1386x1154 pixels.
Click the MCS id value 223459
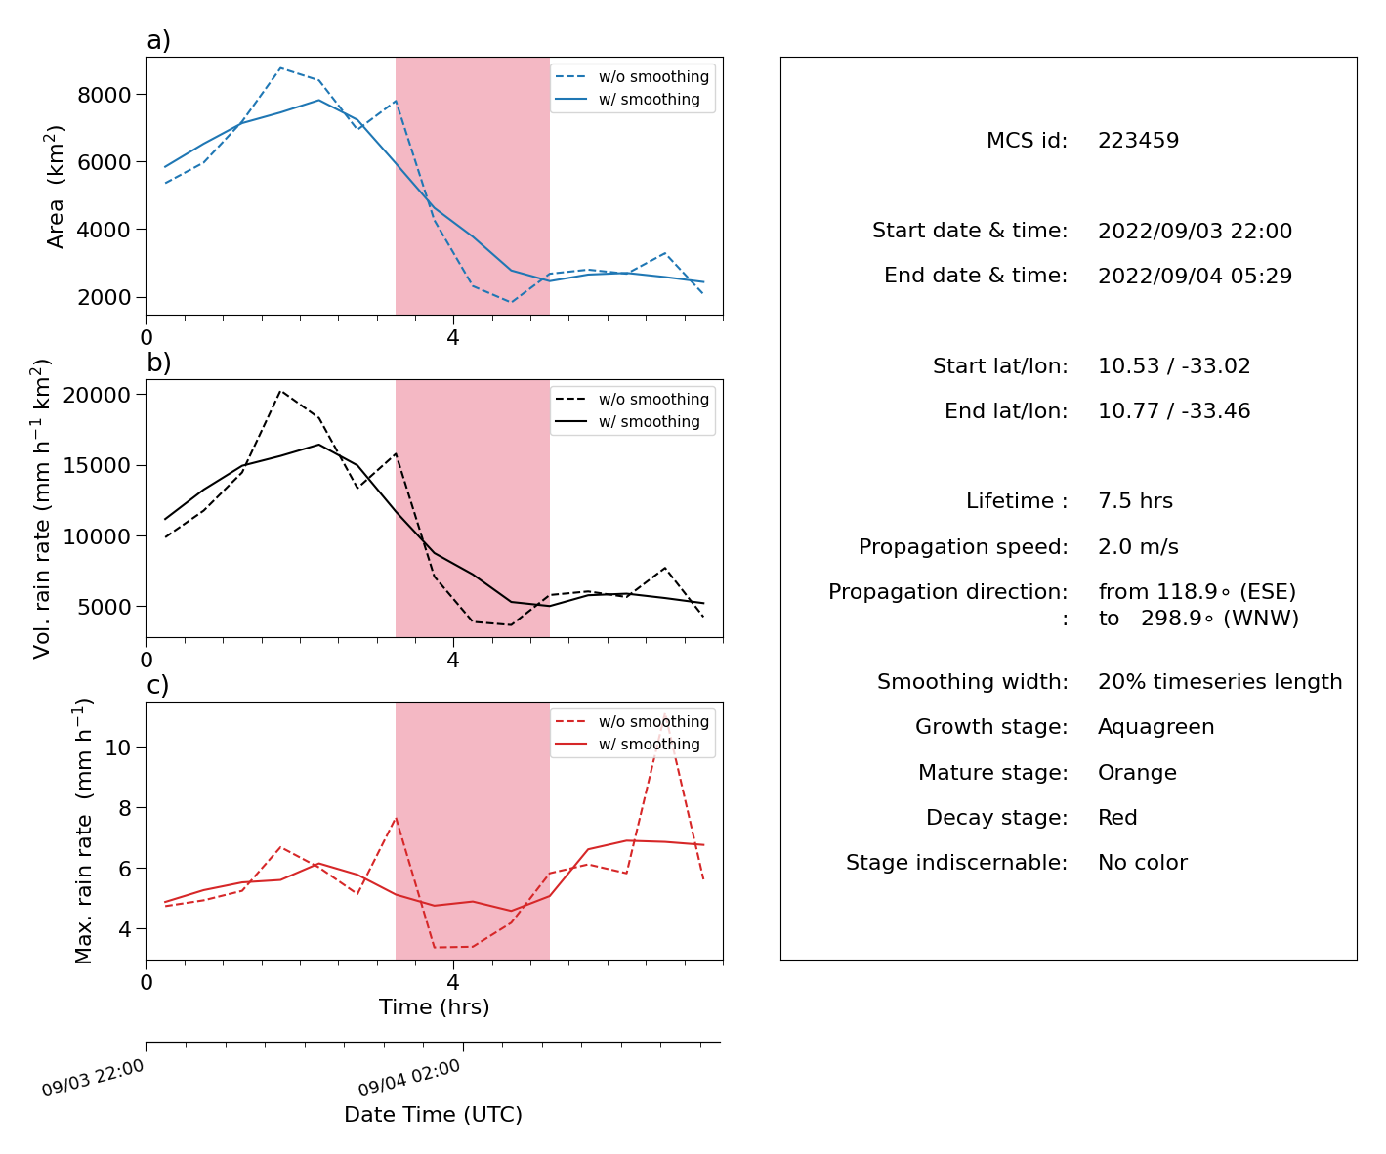[x=1138, y=140]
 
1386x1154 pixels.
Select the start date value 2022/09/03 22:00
[x=1195, y=231]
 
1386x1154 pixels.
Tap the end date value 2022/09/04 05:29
[x=1195, y=276]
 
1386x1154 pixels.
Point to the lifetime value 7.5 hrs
[x=1135, y=500]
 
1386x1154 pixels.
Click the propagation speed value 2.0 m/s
[x=1138, y=546]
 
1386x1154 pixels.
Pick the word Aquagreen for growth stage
[x=1155, y=727]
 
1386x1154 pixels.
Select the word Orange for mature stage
[x=1137, y=773]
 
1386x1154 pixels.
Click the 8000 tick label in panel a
[x=105, y=95]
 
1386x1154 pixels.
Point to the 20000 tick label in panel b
[x=97, y=395]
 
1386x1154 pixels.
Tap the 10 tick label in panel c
[x=118, y=748]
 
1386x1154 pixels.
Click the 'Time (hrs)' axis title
[x=434, y=1006]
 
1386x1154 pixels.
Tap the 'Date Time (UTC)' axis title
[x=433, y=1114]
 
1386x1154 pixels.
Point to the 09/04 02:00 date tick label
[x=409, y=1078]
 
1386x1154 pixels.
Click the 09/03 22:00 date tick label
[x=92, y=1078]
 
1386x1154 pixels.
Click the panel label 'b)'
[x=158, y=363]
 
